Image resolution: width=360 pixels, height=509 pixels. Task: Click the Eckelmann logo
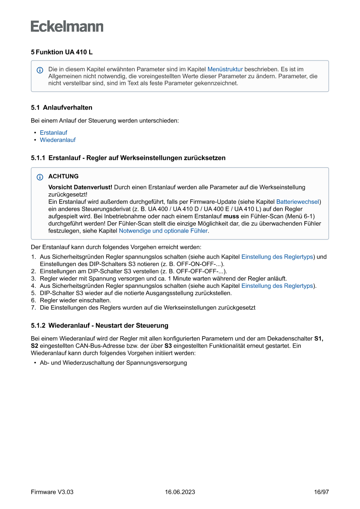67,26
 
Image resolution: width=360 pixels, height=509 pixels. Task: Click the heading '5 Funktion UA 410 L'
61,52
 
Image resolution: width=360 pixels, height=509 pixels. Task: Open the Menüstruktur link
225,69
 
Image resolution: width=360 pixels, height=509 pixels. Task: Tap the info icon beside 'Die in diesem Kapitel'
40,70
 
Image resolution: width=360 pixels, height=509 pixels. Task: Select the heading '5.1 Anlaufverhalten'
61,108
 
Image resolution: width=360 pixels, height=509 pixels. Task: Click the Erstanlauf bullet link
54,132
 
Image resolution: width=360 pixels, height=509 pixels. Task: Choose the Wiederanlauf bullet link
57,140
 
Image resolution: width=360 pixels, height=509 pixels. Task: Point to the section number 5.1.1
38,158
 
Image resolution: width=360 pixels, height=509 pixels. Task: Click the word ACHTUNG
64,176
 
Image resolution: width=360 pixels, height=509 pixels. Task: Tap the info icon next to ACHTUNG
40,177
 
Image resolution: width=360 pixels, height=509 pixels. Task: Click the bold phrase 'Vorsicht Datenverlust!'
80,187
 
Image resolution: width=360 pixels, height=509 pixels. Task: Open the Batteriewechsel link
298,202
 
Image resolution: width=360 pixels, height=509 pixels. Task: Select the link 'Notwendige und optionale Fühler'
163,231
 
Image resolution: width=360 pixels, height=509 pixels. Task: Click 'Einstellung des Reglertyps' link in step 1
277,257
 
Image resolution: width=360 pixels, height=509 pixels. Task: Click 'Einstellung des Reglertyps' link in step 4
277,286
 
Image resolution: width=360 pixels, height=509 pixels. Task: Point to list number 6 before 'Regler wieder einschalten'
33,300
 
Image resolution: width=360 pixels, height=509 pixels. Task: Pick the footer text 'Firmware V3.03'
52,492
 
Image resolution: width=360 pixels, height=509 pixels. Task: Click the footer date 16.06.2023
180,492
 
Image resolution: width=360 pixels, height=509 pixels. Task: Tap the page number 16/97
321,492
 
